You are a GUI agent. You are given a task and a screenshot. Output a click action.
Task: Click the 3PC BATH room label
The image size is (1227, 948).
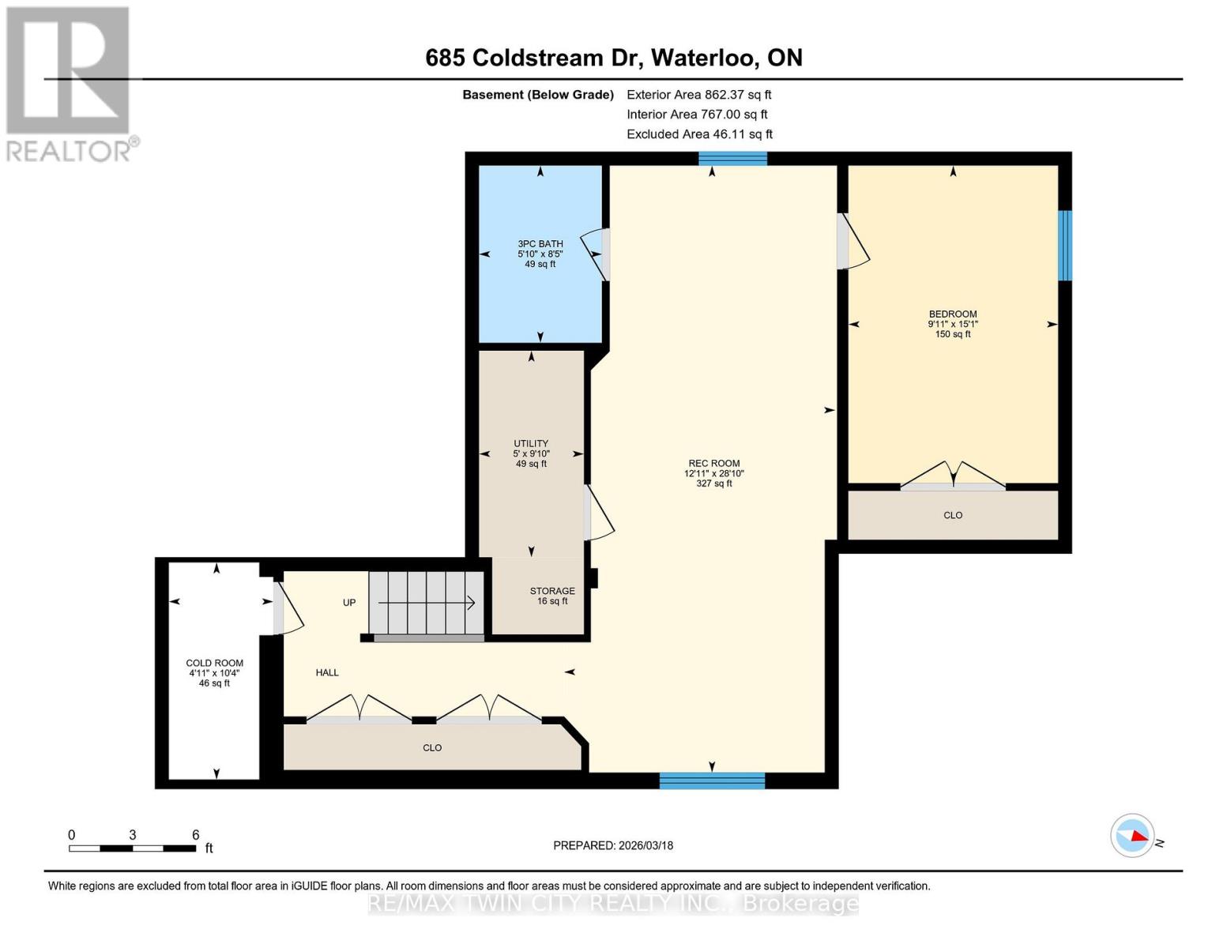(x=540, y=244)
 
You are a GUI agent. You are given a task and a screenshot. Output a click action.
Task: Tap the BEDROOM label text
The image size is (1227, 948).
(x=952, y=314)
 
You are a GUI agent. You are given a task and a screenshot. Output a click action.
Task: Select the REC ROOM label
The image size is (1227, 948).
(x=713, y=464)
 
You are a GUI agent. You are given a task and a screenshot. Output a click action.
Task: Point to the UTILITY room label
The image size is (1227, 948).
(x=530, y=444)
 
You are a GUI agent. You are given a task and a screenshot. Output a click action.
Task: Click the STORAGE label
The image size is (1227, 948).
(x=551, y=591)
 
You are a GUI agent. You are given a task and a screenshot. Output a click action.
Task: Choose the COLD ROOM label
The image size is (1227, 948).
(x=214, y=664)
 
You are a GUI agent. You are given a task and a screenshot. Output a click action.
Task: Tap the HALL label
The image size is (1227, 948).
(x=327, y=672)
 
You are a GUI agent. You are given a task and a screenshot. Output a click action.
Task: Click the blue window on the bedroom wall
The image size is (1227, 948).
(x=1064, y=245)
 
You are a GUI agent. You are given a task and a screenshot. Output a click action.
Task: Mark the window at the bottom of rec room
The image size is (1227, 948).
(x=712, y=781)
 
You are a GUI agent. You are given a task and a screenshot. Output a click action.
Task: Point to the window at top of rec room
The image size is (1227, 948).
(x=732, y=158)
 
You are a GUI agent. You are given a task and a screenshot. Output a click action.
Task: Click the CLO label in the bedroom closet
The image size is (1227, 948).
(x=952, y=515)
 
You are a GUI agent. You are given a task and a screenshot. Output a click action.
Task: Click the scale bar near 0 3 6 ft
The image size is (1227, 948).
(x=132, y=848)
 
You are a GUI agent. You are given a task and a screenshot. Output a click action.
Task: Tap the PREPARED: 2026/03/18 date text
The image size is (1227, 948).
(x=612, y=845)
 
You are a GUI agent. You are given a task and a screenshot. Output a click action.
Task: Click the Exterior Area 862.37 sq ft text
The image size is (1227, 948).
(x=698, y=95)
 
